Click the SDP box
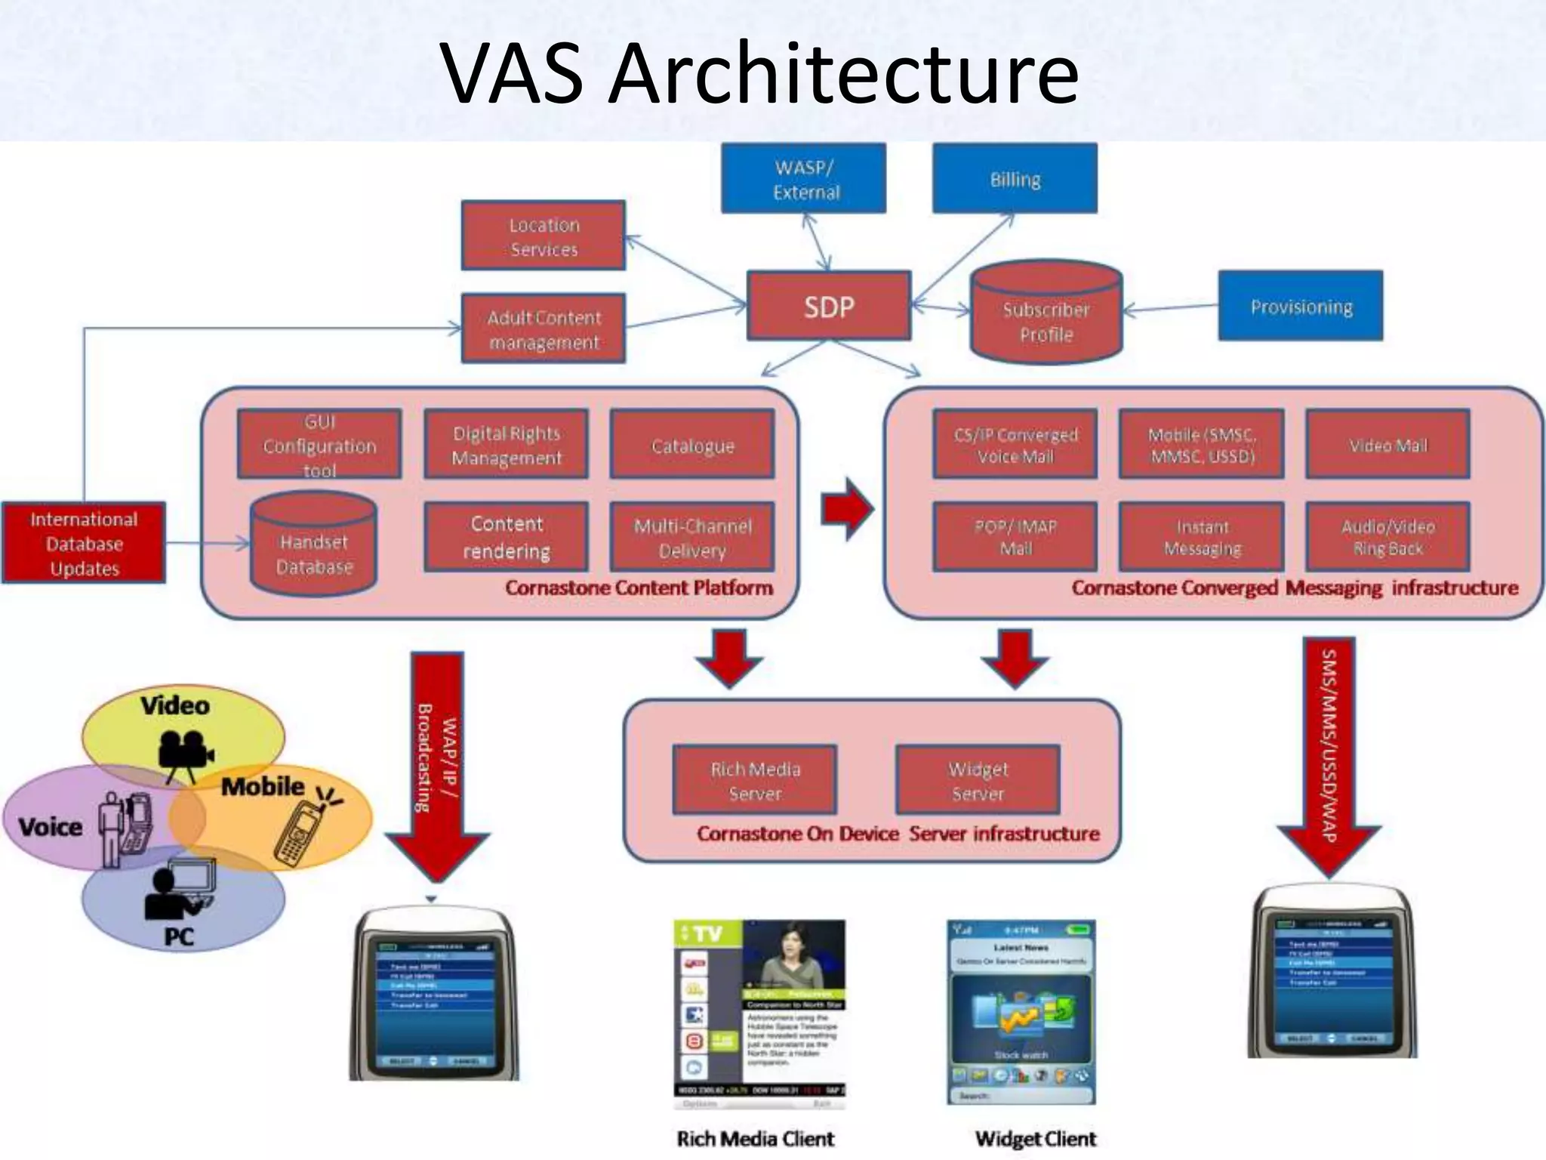coord(829,306)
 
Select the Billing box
coord(1015,179)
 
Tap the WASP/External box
coord(804,179)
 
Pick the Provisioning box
coord(1301,306)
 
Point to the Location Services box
coord(544,236)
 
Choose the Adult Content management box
coord(544,329)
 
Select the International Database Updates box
coord(84,543)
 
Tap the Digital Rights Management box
coord(507,445)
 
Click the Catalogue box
coord(692,445)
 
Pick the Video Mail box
coord(1388,445)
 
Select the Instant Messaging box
coord(1202,537)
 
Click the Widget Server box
coord(978,780)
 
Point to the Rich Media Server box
coord(755,780)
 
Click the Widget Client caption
coord(1035,1138)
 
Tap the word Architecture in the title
coord(843,73)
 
